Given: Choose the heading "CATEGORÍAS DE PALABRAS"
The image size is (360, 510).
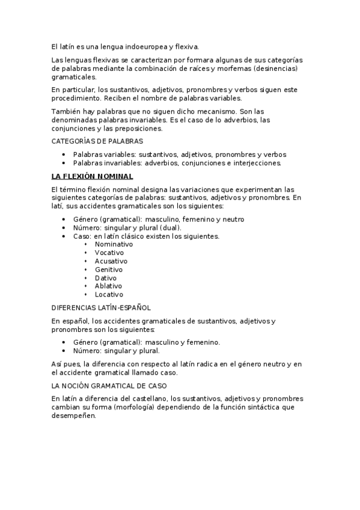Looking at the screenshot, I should click(97, 141).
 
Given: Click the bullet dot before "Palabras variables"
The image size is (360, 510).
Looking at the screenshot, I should click(64, 155).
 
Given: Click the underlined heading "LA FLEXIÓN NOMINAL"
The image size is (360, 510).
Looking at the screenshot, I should click(93, 176).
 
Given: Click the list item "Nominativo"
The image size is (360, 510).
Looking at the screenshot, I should click(114, 245).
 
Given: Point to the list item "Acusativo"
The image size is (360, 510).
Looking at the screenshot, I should click(111, 262).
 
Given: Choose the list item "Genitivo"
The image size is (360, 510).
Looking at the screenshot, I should click(108, 270).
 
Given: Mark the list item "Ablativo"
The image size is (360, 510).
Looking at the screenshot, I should click(108, 286).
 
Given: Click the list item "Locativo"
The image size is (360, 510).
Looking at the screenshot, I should click(109, 295).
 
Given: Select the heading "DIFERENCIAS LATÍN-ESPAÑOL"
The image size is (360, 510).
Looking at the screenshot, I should click(101, 308).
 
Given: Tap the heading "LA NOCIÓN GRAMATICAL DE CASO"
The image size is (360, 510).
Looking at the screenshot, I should click(109, 385).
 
